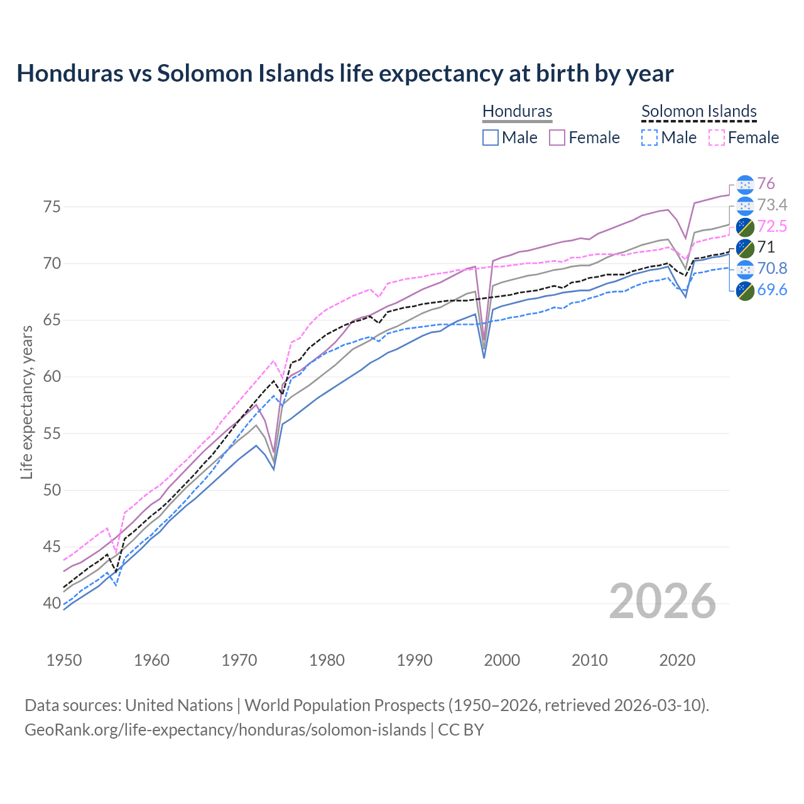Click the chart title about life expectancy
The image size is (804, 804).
(345, 73)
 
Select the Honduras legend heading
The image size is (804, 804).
(517, 111)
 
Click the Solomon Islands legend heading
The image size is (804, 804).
(698, 111)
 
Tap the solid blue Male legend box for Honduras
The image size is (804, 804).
(491, 138)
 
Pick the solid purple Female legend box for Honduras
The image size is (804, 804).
(558, 138)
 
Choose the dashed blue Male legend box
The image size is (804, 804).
(650, 138)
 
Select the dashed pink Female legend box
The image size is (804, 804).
(717, 138)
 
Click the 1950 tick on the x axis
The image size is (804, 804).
(64, 660)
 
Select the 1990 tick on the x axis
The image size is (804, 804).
(415, 660)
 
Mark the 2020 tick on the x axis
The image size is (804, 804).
(677, 660)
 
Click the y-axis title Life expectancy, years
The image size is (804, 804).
(26, 402)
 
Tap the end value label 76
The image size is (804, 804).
(766, 183)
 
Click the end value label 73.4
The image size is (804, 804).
(772, 205)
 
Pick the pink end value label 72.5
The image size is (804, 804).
(772, 226)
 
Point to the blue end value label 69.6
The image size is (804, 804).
(772, 290)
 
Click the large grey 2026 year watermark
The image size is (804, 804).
(663, 601)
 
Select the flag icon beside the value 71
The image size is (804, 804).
(745, 247)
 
